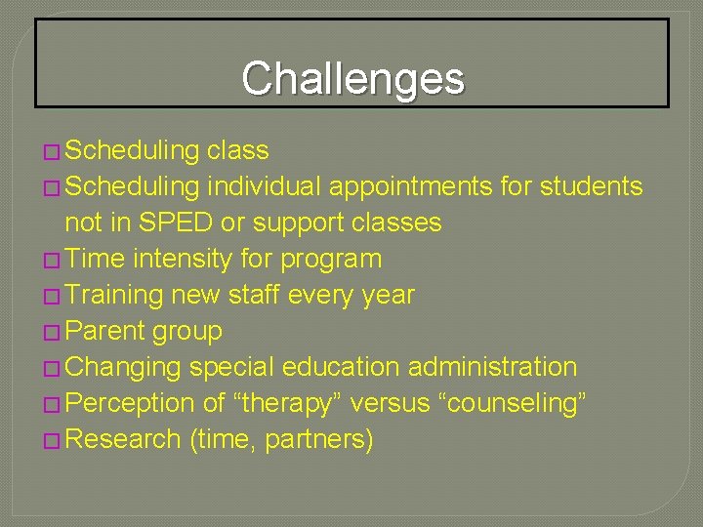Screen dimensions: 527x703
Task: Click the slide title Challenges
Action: tap(352, 78)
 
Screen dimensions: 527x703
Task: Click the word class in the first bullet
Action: tap(237, 150)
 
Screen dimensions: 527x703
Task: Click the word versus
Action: tap(384, 403)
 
